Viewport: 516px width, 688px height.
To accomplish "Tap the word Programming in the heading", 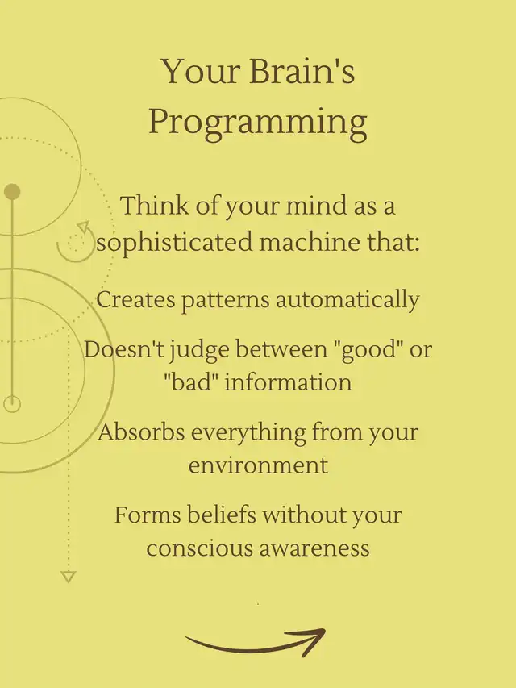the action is [x=258, y=123].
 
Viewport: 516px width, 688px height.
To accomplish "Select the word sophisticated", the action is [x=175, y=243].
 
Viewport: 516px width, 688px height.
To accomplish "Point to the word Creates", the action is [x=135, y=300].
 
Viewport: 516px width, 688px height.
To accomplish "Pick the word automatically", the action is [x=347, y=301].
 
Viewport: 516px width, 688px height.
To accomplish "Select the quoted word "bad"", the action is [x=191, y=382].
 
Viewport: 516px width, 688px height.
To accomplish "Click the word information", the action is [x=289, y=382].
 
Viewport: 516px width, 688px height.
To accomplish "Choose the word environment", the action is [x=258, y=465].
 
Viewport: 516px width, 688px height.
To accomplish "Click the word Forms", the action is [x=148, y=515].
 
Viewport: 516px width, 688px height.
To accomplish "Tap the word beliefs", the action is [x=222, y=515].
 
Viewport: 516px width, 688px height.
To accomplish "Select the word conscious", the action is [x=199, y=548].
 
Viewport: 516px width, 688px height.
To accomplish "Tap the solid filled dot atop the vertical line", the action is [x=12, y=192].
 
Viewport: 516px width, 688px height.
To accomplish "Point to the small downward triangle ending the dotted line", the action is [x=68, y=577].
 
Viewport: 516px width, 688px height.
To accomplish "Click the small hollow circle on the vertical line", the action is [x=12, y=396].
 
